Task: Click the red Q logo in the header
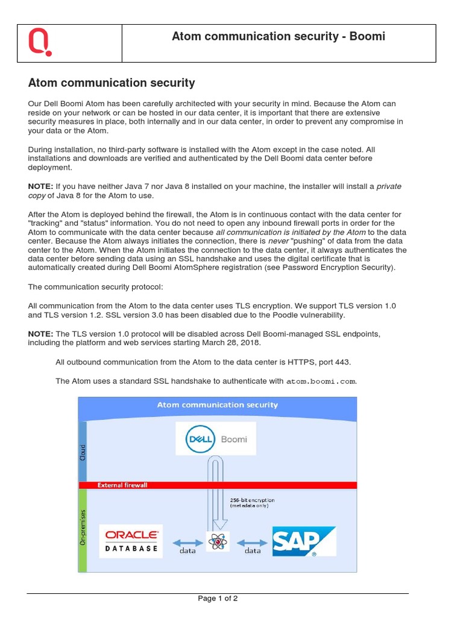click(40, 43)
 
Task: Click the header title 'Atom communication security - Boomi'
click(279, 37)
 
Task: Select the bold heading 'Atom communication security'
click(112, 83)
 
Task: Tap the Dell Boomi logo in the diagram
click(216, 439)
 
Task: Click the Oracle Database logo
click(131, 541)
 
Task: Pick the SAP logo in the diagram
click(303, 541)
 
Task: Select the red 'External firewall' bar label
click(122, 485)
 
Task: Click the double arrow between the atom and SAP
click(252, 541)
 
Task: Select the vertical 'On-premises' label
click(83, 527)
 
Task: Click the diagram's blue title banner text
click(217, 405)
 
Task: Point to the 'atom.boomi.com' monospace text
click(321, 381)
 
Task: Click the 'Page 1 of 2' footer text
click(218, 599)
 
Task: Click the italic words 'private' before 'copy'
click(389, 186)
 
